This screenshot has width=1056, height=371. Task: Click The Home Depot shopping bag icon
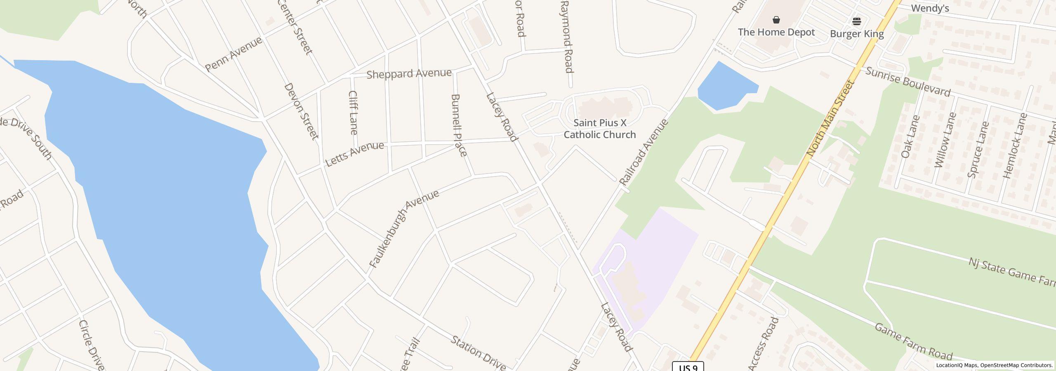(x=776, y=20)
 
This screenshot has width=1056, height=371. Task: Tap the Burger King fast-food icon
(x=857, y=21)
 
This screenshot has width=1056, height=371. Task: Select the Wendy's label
(x=930, y=8)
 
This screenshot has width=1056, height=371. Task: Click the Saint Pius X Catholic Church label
(x=599, y=129)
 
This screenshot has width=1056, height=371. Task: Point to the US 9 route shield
(x=688, y=367)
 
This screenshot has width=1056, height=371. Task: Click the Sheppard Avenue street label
(x=409, y=74)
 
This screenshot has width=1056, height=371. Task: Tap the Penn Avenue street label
(x=233, y=54)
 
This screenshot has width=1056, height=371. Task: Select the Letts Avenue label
(x=354, y=154)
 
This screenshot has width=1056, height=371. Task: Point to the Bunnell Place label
(x=459, y=125)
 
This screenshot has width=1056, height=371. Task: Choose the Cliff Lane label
(x=353, y=113)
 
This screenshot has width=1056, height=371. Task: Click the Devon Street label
(x=301, y=111)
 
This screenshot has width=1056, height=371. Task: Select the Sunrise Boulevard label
(x=907, y=82)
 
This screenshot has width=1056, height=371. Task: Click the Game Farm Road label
(x=913, y=342)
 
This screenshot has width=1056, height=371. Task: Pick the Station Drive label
(x=478, y=353)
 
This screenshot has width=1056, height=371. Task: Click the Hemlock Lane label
(x=1014, y=146)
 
